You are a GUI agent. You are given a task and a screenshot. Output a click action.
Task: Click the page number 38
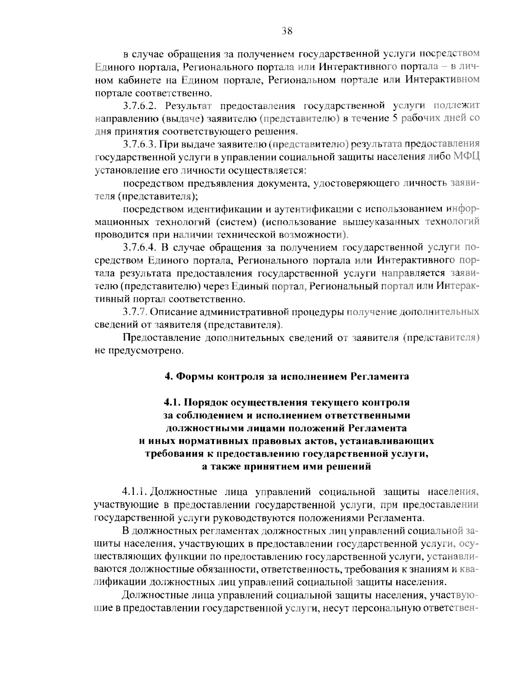(x=287, y=30)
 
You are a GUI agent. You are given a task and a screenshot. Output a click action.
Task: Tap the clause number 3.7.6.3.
(x=139, y=144)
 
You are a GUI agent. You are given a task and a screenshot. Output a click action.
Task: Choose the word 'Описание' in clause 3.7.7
(x=175, y=312)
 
